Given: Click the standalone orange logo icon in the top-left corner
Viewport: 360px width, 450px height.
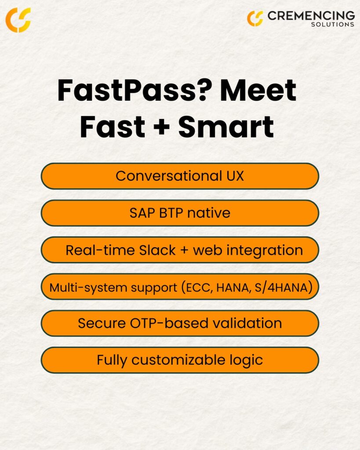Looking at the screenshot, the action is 18,20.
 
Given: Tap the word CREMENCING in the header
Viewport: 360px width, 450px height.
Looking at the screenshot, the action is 311,15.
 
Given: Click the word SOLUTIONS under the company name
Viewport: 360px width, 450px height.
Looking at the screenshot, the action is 333,25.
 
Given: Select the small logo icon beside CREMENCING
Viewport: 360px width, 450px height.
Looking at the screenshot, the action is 255,18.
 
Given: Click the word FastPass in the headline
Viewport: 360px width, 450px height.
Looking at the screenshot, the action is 129,91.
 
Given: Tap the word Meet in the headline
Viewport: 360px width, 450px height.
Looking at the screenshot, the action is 258,91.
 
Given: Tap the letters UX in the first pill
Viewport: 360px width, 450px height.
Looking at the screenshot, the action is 235,176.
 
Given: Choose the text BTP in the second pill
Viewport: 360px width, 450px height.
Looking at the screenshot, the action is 171,213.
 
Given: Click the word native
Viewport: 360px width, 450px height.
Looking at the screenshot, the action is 209,213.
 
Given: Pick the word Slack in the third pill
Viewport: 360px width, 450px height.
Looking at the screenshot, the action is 157,250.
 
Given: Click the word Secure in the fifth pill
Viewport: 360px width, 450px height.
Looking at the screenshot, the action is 102,323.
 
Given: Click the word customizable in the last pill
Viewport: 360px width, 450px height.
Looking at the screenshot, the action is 178,360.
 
